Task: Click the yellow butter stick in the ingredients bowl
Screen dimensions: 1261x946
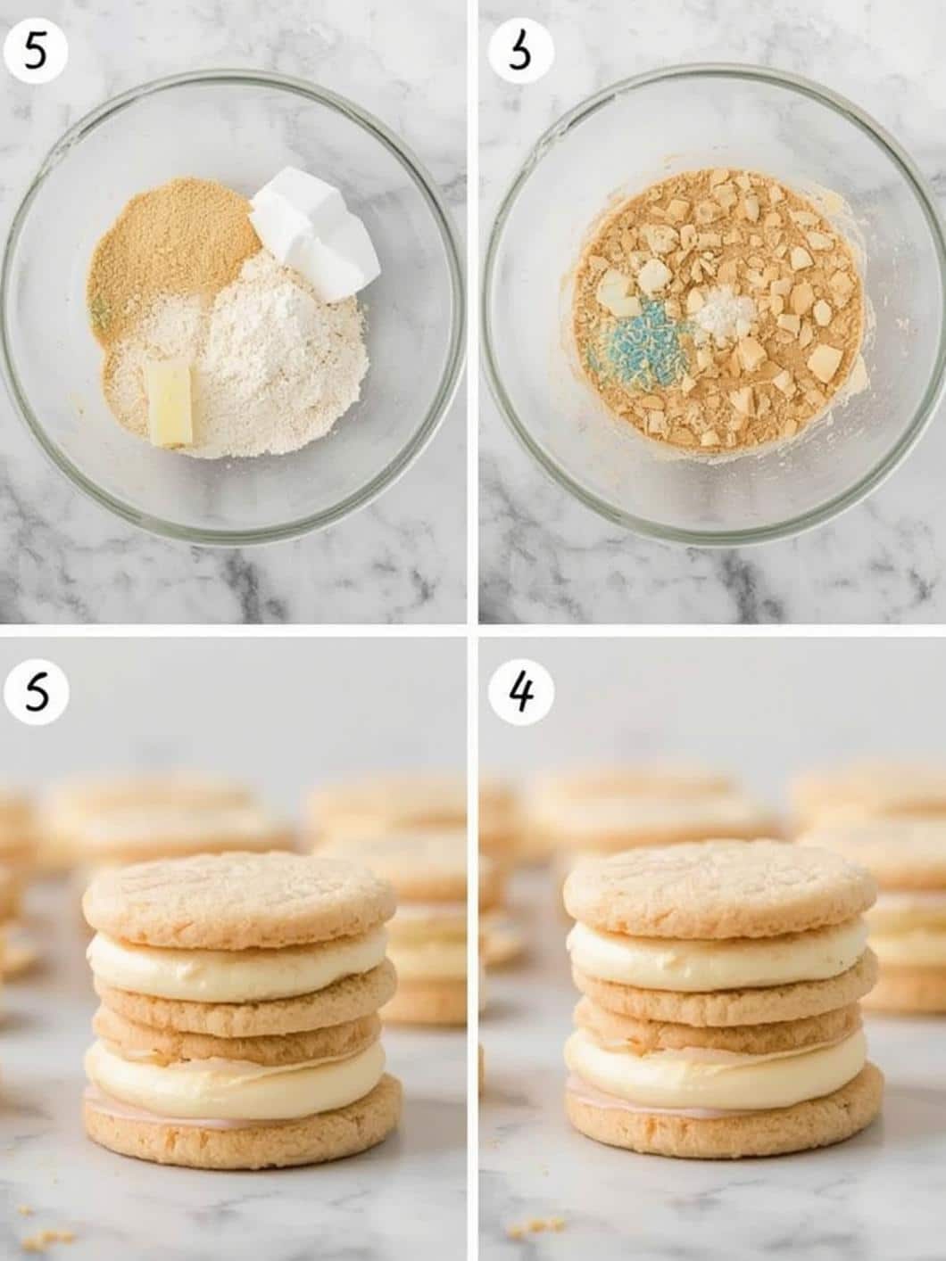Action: tap(170, 404)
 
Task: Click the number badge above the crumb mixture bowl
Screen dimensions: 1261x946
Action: tap(520, 53)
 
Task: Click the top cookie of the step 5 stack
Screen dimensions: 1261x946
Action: tap(238, 896)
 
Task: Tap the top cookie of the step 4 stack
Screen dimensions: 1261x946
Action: tap(719, 888)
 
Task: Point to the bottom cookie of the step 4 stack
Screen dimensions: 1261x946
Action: tap(723, 1115)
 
